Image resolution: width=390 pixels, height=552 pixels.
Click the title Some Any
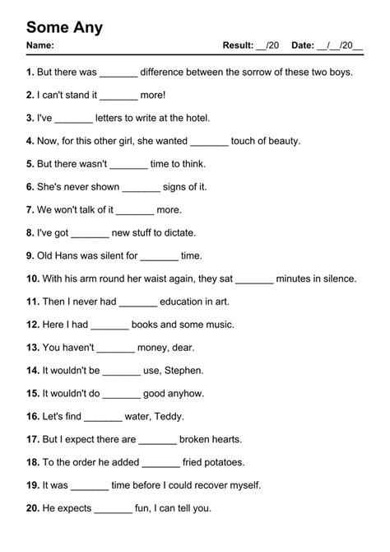[x=64, y=28]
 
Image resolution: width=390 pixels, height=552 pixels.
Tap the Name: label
[x=40, y=44]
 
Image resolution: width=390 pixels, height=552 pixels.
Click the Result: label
[x=238, y=44]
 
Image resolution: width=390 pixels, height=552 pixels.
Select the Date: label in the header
[x=302, y=44]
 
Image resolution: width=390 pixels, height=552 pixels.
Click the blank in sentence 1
[x=118, y=73]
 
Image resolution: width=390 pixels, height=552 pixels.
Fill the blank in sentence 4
[x=208, y=141]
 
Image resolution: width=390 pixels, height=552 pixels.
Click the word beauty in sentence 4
[x=282, y=141]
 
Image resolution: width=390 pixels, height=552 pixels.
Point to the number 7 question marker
[x=30, y=210]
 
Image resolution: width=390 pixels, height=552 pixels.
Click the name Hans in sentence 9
[x=72, y=256]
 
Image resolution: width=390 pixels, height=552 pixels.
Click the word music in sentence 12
[x=221, y=325]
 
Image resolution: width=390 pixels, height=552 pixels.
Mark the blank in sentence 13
[x=115, y=348]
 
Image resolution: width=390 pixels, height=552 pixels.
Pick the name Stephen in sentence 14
[x=185, y=371]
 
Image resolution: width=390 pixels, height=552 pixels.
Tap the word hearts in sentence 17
[x=225, y=440]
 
